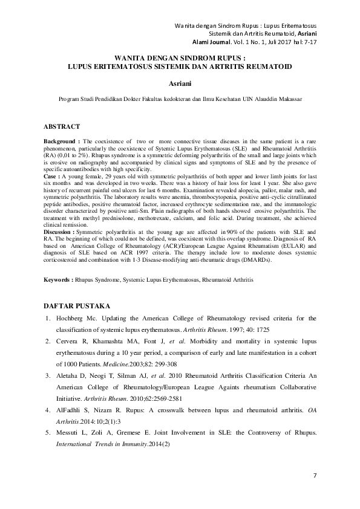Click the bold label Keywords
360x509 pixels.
pyautogui.click(x=61, y=280)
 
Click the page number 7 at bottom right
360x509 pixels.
pyautogui.click(x=315, y=476)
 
